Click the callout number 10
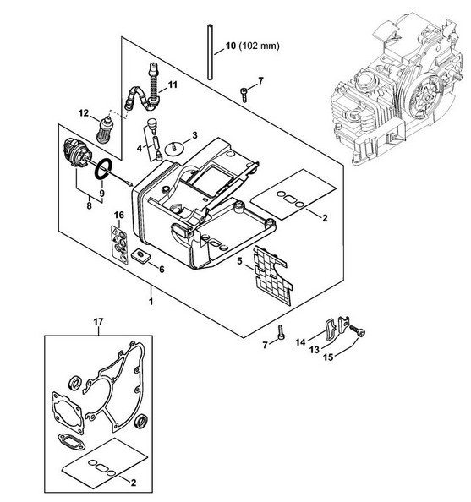coord(230,46)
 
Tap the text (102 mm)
coord(260,46)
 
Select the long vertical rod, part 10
coord(211,52)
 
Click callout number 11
coord(173,85)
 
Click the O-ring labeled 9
coord(103,169)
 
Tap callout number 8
coord(89,205)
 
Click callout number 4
coord(140,148)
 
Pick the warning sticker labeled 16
coord(120,244)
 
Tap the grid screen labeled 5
coord(272,276)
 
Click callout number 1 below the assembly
coord(151,301)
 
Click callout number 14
coord(300,342)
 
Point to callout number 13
coord(315,350)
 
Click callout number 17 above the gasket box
coord(98,321)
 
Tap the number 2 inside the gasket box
coord(134,483)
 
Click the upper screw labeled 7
coord(244,95)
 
